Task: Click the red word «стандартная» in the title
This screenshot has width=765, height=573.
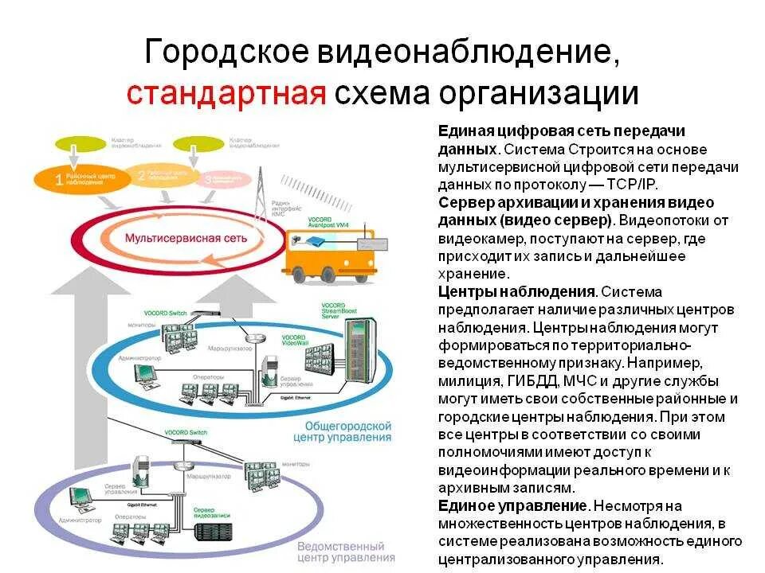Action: (226, 93)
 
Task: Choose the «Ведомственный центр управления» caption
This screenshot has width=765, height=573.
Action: (340, 552)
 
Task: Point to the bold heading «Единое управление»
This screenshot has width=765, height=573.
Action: (512, 505)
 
